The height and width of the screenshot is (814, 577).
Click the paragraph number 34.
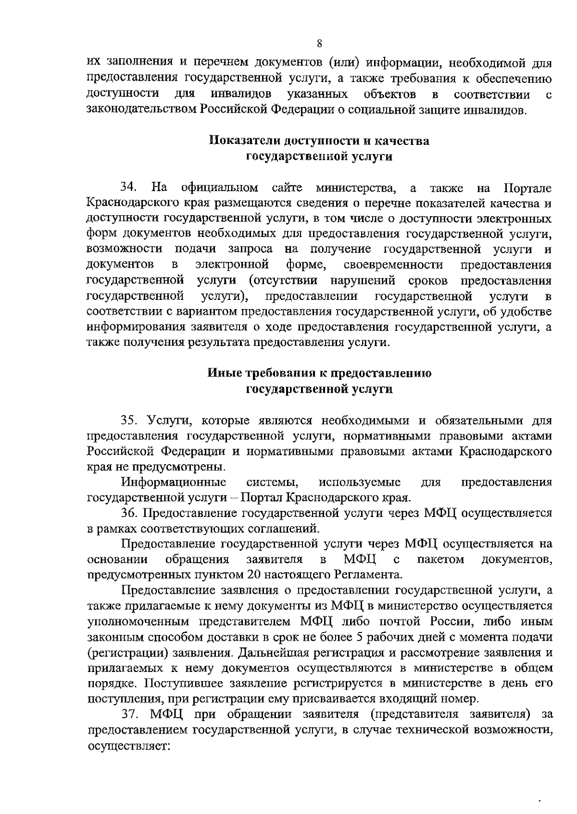(130, 187)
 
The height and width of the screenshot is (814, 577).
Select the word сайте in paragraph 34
(286, 187)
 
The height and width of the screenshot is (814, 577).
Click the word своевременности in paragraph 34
(393, 265)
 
